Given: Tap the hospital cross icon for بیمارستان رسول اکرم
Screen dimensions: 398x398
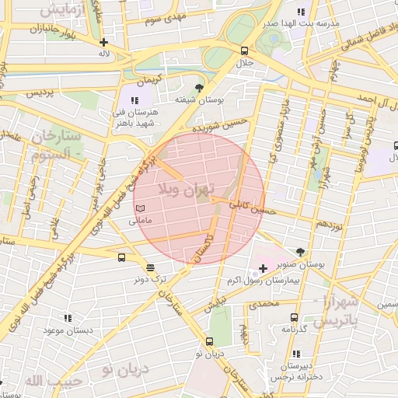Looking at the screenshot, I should click(263, 269).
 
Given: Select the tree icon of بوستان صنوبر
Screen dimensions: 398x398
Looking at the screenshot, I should click(300, 251).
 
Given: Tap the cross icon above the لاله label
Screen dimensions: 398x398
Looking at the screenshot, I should click(103, 42).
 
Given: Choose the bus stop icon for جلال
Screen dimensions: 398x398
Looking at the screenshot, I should click(245, 51).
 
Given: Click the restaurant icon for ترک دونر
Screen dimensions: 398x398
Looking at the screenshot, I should click(149, 267).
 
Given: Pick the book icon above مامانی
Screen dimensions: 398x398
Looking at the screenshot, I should click(140, 208).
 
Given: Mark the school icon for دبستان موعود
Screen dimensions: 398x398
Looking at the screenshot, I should click(68, 318).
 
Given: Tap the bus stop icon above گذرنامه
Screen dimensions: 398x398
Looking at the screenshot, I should click(294, 317).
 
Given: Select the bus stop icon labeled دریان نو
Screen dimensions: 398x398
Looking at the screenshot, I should click(209, 341).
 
